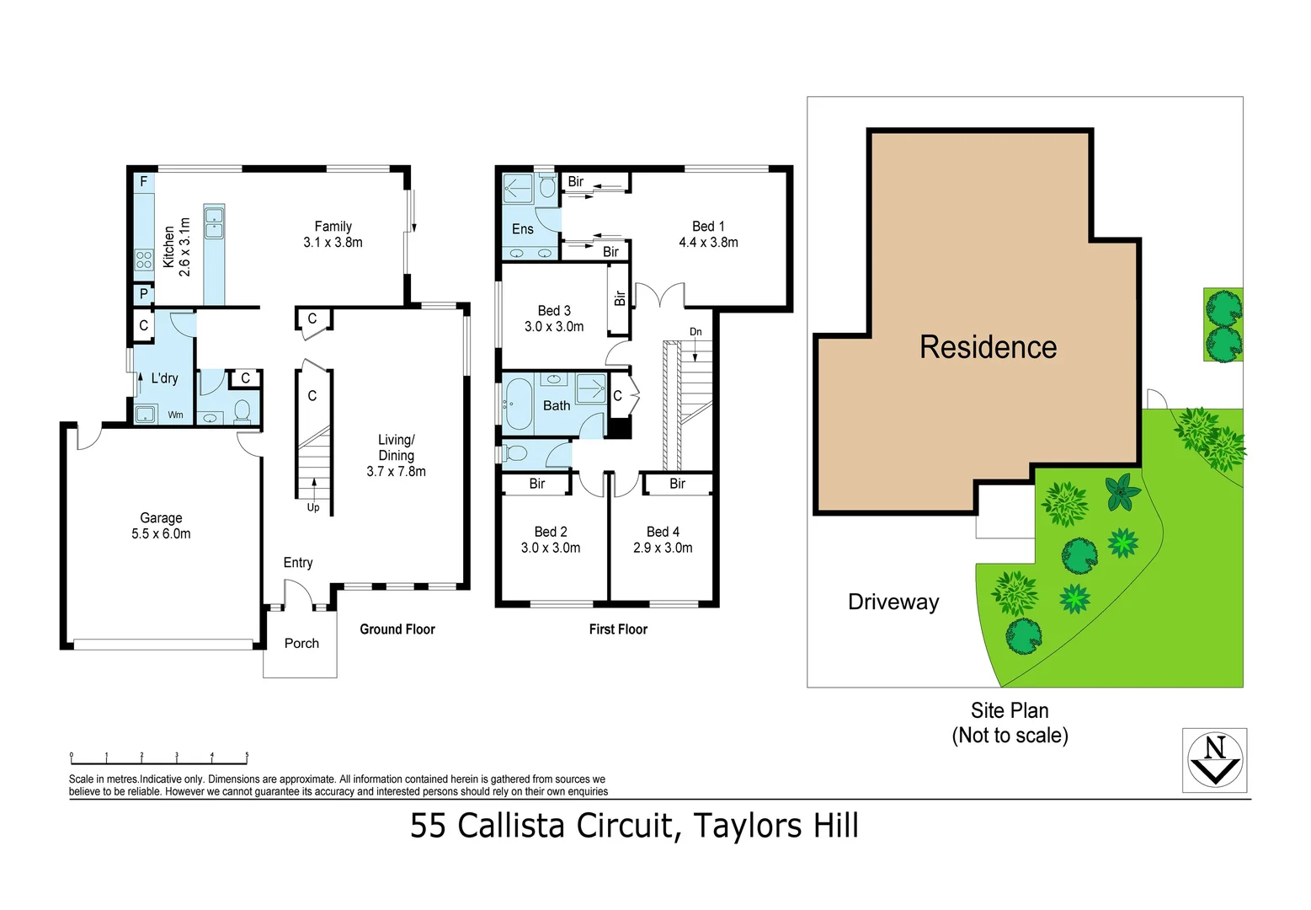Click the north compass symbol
1214,760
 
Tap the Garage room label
161,518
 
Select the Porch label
301,644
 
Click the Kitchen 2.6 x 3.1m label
177,247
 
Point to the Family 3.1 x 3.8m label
333,234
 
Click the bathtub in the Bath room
517,404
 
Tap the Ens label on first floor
522,229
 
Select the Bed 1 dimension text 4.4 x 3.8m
708,243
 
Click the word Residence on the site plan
988,347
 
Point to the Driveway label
893,602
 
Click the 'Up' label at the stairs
313,507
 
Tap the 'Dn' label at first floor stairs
695,332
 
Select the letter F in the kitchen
144,182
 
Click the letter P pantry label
144,294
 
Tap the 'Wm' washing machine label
175,415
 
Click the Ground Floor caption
397,629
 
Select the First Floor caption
618,629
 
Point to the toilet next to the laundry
242,411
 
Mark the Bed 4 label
663,532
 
